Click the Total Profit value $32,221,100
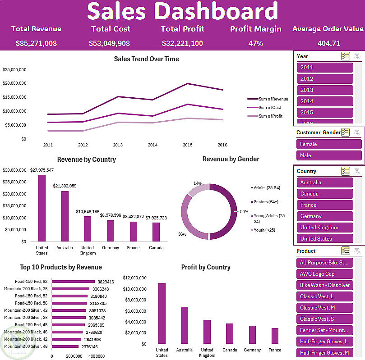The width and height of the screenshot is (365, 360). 182,44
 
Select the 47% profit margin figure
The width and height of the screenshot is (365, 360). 255,44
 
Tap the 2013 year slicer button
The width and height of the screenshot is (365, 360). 325,90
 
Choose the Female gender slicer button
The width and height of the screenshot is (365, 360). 329,144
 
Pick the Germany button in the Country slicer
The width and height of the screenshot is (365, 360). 325,216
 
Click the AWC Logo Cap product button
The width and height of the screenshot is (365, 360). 325,274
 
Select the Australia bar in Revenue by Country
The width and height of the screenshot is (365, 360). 65,216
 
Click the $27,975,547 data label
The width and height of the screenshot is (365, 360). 42,170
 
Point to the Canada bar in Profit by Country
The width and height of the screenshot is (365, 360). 230,333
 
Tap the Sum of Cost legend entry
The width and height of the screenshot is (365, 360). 269,108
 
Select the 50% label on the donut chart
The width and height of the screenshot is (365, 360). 244,211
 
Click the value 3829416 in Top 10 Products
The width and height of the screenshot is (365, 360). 106,282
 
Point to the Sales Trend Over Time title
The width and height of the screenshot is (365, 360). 146,59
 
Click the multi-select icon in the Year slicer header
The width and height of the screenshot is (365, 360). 346,56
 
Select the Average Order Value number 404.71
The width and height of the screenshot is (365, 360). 328,44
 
